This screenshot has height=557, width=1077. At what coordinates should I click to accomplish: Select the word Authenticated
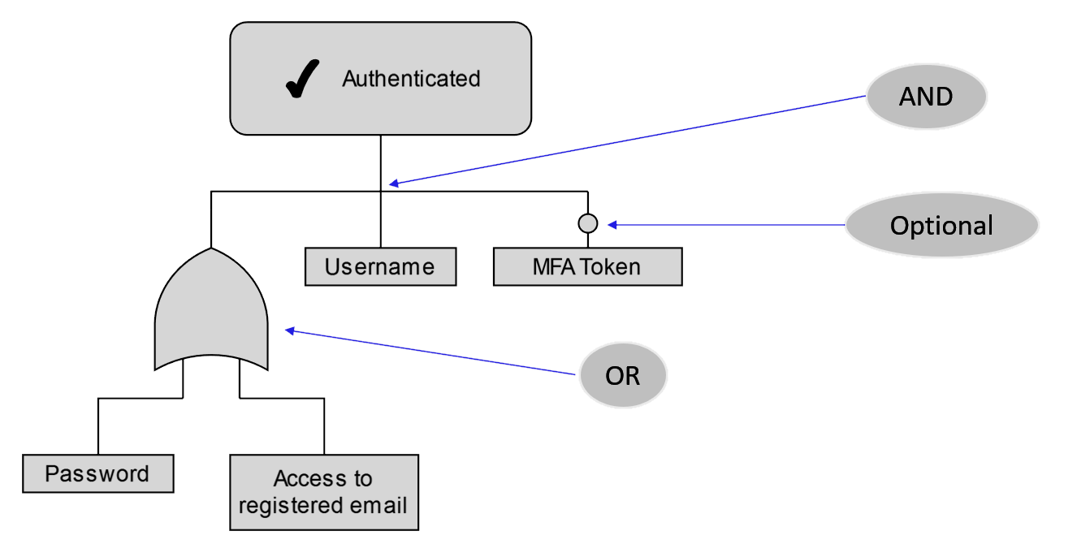point(411,79)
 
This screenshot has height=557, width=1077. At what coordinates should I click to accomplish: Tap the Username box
point(380,267)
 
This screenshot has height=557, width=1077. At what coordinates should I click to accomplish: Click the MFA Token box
point(587,267)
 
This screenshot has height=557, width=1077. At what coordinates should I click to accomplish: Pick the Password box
point(97,474)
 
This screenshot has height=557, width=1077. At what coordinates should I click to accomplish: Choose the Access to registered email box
point(323,492)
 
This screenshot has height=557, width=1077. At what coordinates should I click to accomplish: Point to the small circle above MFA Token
point(587,223)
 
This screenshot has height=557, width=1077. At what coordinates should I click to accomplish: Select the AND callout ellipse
point(926,97)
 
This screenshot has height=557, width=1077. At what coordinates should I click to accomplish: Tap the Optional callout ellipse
point(941,225)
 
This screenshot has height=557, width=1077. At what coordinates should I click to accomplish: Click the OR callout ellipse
point(622,376)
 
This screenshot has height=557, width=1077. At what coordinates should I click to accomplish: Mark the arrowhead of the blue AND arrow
point(393,184)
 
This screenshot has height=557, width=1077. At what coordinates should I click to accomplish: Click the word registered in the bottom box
point(287,506)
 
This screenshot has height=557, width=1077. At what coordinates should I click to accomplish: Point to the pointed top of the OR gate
point(210,249)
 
